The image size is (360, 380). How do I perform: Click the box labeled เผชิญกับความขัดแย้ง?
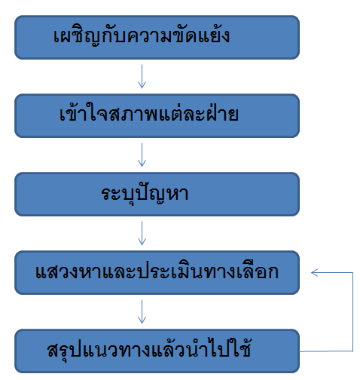point(157,38)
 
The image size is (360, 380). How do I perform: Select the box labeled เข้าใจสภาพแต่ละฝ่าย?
point(157,116)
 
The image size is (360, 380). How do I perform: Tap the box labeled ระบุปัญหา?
point(157,195)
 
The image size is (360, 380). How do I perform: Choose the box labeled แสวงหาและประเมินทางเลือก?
point(157,273)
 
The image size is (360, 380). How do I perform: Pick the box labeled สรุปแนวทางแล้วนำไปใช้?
point(157,351)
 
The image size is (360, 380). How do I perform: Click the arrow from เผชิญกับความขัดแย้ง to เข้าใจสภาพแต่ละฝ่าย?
point(142,76)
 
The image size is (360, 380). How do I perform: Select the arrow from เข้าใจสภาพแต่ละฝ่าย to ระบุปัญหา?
point(142,155)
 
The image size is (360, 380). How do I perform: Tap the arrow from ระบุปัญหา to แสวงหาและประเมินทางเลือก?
point(142,233)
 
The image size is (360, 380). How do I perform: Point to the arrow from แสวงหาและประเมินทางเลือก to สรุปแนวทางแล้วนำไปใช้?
point(142,311)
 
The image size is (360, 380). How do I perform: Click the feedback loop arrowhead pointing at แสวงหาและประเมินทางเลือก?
point(314,273)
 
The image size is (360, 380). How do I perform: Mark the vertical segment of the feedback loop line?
point(352,311)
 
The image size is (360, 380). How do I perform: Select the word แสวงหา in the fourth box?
point(69,272)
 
